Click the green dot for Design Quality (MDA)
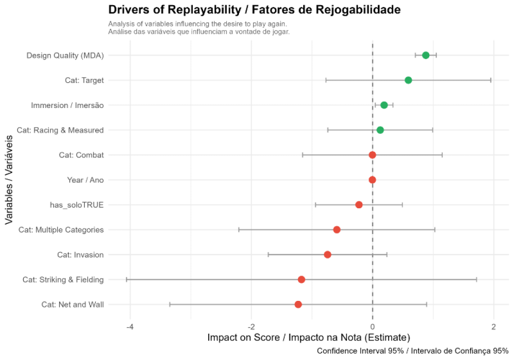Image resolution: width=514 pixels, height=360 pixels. click(426, 55)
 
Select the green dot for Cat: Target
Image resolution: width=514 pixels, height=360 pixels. click(408, 80)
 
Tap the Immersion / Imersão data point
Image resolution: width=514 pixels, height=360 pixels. click(384, 105)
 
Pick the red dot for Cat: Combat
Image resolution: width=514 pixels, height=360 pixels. click(373, 155)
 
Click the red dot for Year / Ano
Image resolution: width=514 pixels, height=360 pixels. click(373, 180)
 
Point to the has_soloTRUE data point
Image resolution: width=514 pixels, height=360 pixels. click(359, 205)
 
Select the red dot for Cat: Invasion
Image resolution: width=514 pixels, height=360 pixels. click(327, 255)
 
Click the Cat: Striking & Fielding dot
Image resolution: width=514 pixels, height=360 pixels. click(301, 279)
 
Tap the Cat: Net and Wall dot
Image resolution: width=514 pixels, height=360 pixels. click(298, 304)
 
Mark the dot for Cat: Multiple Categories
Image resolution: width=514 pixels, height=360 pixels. click(337, 229)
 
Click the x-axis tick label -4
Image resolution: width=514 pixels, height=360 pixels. click(130, 327)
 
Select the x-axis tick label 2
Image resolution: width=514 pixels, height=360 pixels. click(493, 327)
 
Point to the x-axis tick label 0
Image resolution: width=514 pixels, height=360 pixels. click(373, 327)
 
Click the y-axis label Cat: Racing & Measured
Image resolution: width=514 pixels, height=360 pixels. click(60, 130)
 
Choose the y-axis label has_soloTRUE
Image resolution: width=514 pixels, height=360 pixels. click(77, 205)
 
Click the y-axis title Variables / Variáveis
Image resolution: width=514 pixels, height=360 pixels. click(9, 180)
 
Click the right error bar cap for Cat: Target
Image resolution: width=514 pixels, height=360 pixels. click(491, 80)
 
